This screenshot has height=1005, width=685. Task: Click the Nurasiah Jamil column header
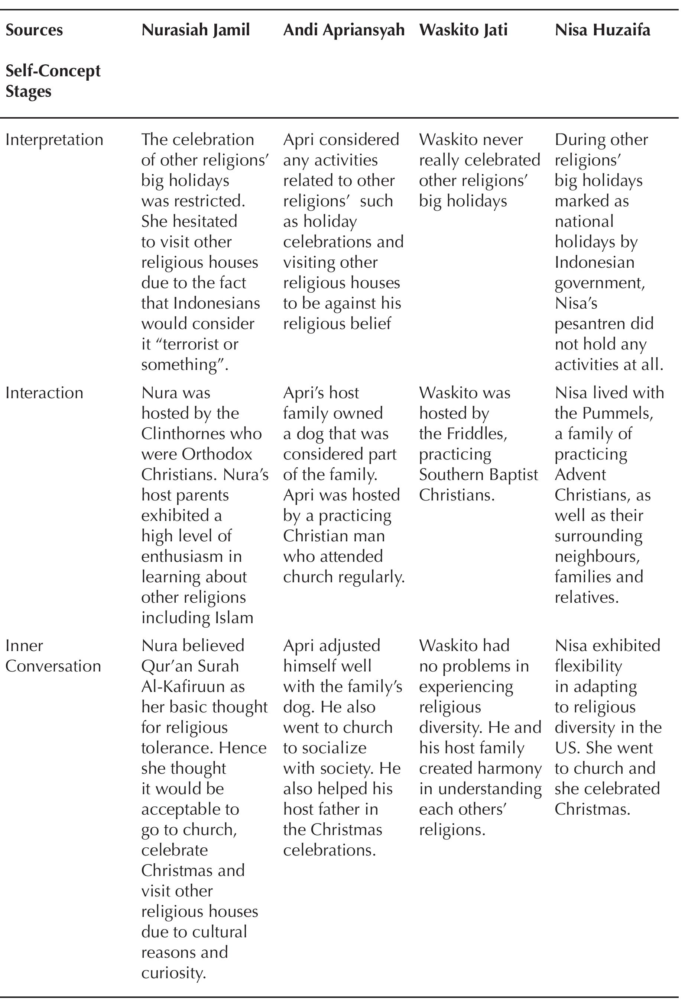195,30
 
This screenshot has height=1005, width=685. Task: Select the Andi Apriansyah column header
344,30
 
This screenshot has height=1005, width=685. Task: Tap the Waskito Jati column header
463,30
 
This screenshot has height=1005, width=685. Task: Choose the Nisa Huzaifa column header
602,30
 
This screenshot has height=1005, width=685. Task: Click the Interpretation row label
54,140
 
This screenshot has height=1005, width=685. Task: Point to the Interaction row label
44,393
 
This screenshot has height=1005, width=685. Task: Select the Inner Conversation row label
53,655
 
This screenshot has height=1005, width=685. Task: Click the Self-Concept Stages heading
53,81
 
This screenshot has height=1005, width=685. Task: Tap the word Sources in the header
34,30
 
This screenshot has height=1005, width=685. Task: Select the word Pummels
617,413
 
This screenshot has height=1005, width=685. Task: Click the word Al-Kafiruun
193,687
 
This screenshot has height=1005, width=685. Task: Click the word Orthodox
217,454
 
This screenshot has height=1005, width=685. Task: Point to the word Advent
580,475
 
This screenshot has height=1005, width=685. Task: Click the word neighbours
597,556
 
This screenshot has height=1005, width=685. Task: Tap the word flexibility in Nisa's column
588,666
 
